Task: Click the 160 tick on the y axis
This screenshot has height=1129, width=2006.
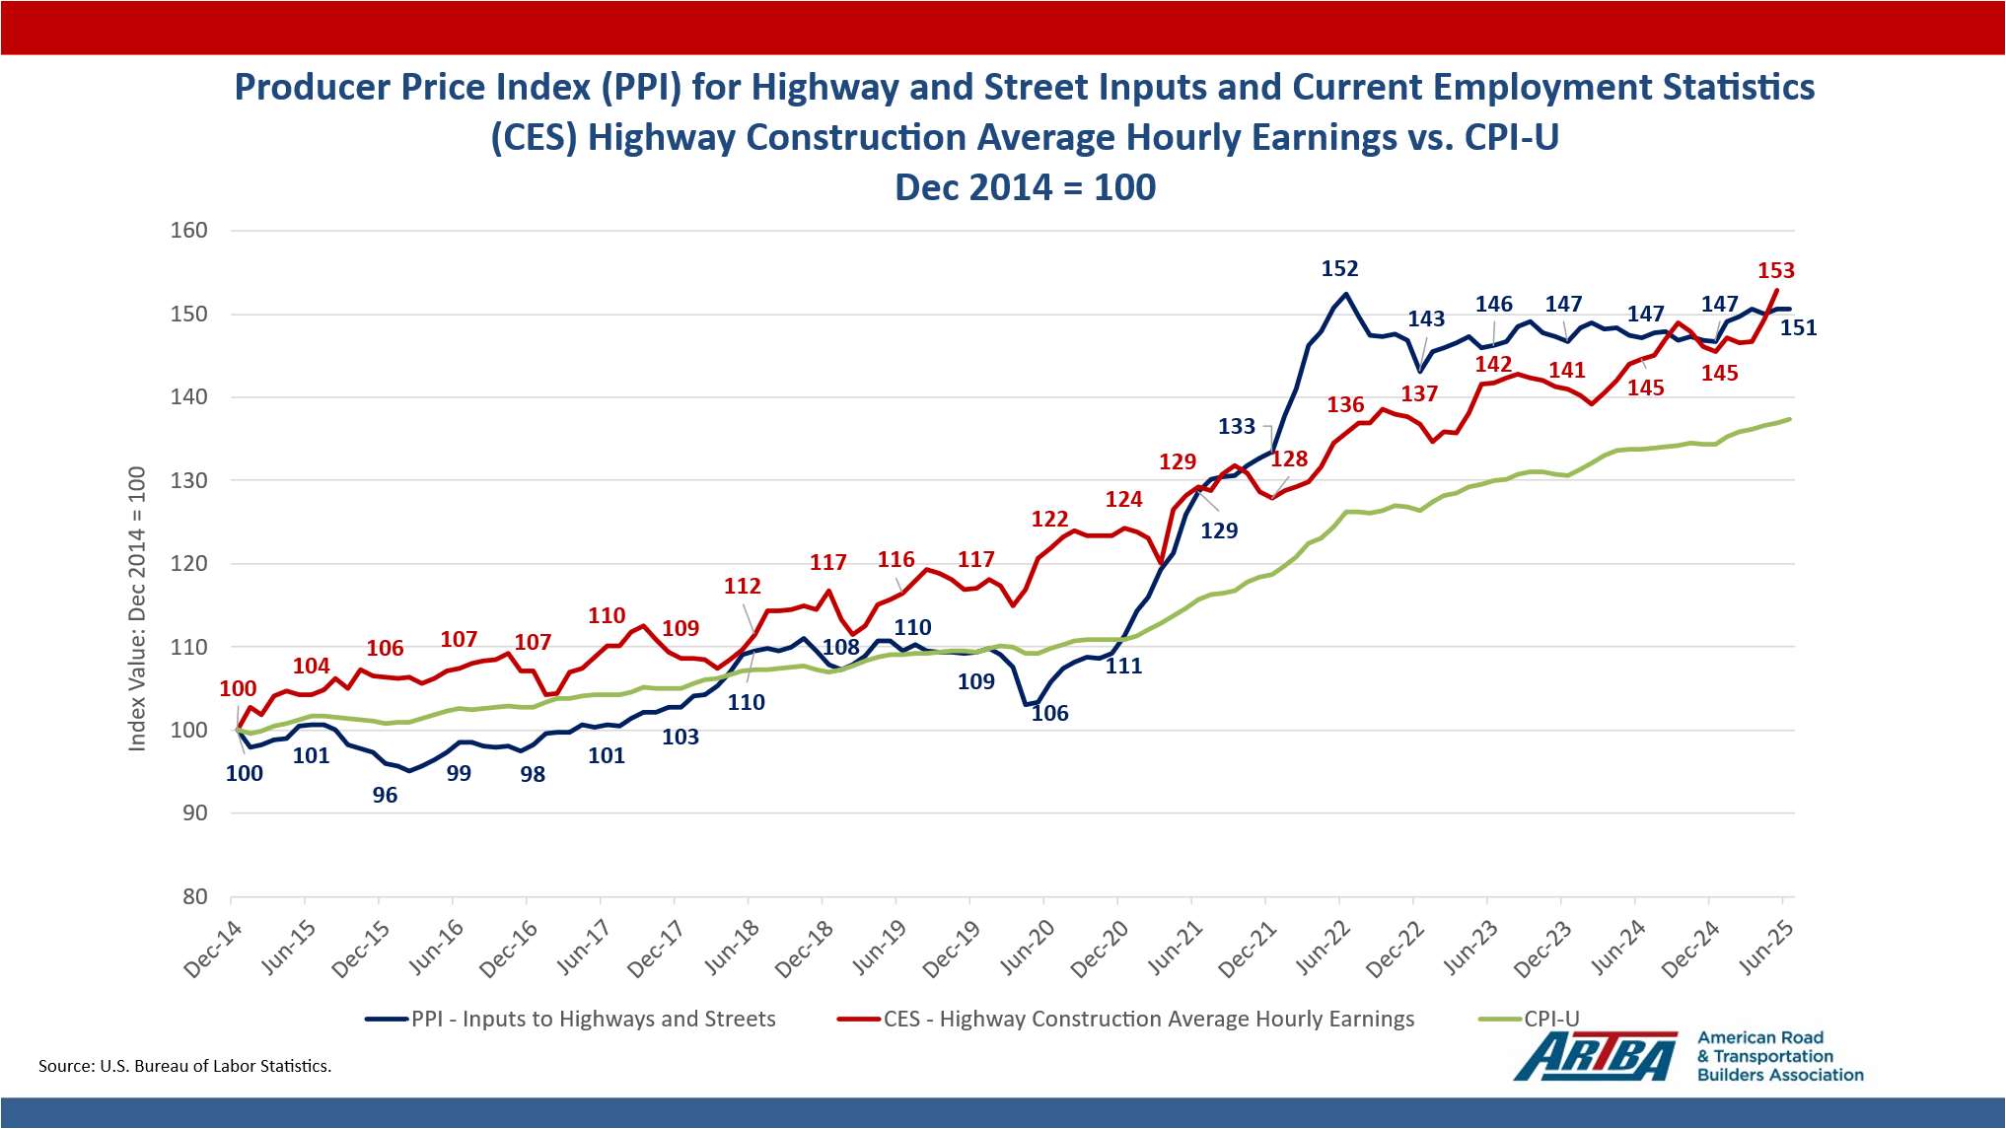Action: (x=188, y=231)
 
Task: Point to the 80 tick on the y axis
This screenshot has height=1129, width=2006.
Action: (x=194, y=896)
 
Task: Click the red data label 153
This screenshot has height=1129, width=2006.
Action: (x=1775, y=270)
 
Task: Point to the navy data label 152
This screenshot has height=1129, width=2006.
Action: (x=1339, y=268)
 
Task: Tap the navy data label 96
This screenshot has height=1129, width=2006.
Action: (x=385, y=795)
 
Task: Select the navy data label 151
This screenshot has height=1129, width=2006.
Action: (x=1798, y=327)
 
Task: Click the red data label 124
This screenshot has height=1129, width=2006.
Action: (x=1123, y=499)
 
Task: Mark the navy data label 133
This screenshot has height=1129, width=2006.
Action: (x=1236, y=426)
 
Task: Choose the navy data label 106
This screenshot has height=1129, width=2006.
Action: (x=1049, y=713)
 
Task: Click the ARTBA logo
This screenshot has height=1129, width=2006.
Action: (x=1595, y=1056)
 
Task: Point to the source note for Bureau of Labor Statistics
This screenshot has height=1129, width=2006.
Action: (x=184, y=1066)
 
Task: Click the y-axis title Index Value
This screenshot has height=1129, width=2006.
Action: (x=137, y=608)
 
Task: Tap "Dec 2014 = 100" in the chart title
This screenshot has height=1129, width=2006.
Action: (x=1025, y=187)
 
